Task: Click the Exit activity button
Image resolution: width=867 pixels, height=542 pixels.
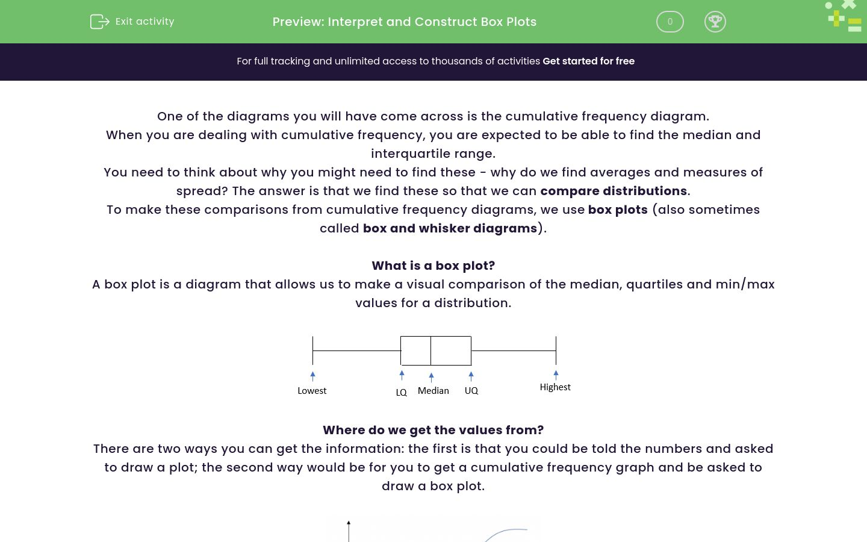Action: coord(132,22)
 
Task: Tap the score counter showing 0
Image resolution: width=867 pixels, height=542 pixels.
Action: coord(670,22)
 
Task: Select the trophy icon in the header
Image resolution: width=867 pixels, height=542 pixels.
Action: coord(715,22)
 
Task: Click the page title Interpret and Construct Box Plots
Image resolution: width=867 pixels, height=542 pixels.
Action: coord(404,22)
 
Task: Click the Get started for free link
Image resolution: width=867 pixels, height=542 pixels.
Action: coord(588,61)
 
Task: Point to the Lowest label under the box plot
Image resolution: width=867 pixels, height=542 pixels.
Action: coord(312,391)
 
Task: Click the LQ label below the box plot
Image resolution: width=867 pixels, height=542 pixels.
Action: coord(401,393)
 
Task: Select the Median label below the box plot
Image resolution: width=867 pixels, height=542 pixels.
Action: coord(433,391)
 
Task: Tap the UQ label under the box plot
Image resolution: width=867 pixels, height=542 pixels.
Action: coord(471,391)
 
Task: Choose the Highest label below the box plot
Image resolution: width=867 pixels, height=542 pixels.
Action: coord(555,387)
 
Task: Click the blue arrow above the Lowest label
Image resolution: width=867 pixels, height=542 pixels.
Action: coord(312,376)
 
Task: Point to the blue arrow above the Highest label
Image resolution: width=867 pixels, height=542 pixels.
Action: coord(556,374)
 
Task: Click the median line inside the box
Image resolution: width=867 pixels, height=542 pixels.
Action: coord(430,350)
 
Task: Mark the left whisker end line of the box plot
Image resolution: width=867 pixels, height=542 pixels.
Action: coord(312,350)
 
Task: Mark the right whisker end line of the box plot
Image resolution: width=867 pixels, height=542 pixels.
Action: coord(556,350)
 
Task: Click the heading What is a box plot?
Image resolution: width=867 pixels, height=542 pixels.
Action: coord(433,266)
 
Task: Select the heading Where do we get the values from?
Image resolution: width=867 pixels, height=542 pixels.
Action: coord(433,430)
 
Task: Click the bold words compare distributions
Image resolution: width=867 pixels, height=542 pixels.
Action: coord(614,191)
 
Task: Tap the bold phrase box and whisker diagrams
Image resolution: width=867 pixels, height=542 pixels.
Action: coord(450,228)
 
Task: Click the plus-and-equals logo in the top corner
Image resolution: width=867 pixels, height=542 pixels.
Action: coord(844,16)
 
